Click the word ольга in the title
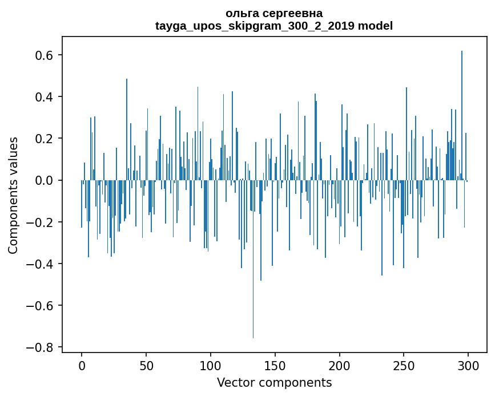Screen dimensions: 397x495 coord(241,13)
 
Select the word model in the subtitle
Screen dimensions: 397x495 coord(375,26)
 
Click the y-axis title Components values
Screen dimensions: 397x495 coord(13,195)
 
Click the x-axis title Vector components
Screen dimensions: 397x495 coord(274,382)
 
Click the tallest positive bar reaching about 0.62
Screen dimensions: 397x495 coord(462,114)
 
